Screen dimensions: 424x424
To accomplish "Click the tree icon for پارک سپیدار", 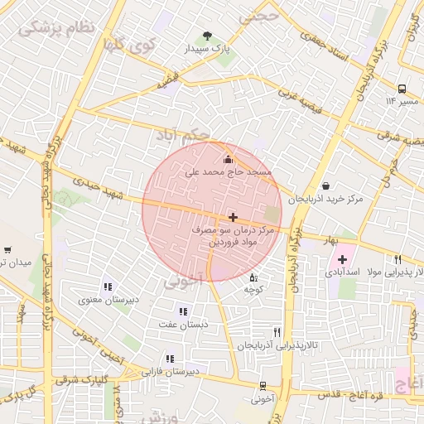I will click(x=207, y=36).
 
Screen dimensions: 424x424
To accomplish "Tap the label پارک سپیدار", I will click(x=207, y=50).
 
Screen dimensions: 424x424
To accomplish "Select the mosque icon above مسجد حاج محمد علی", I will click(x=229, y=158).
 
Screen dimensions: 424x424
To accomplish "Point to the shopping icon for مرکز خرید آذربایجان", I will click(x=325, y=186).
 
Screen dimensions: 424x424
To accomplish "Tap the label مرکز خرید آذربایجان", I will click(x=326, y=200).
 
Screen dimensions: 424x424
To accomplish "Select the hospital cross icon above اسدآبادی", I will click(x=342, y=259).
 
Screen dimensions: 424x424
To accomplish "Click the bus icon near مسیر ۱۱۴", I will click(x=402, y=88).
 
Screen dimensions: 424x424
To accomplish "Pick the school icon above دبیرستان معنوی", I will click(x=108, y=287).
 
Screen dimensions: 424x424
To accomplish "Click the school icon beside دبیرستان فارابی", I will click(x=170, y=359).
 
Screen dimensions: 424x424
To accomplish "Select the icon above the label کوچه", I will click(x=253, y=277).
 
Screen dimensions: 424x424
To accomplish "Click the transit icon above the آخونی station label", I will click(x=263, y=386).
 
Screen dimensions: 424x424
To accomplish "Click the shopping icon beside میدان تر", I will click(x=7, y=249).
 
